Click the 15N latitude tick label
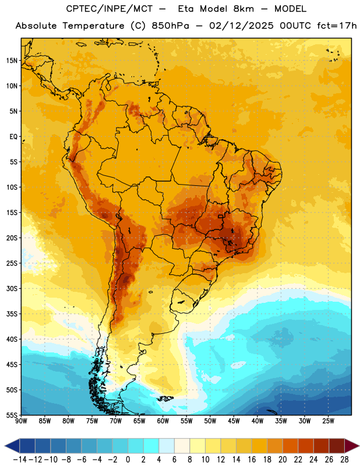pos(12,61)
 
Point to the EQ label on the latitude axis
pos(13,137)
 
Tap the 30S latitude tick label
pos(12,288)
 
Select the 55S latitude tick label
pos(12,415)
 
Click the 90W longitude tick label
pos(21,421)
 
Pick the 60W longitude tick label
pos(163,421)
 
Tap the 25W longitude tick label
pos(328,421)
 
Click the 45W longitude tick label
pos(234,421)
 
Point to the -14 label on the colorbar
pos(20,460)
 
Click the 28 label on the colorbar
pos(344,460)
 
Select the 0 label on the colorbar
pos(128,460)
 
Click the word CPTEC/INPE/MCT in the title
pos(109,9)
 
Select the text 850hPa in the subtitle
pos(170,26)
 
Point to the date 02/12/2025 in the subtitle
pos(241,26)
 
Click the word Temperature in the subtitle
pos(93,26)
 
